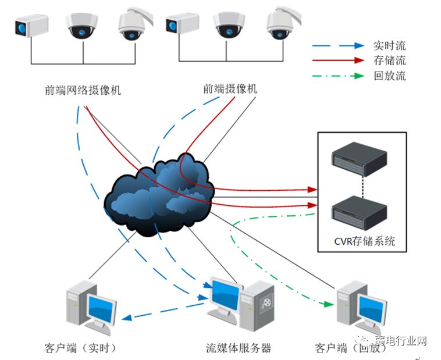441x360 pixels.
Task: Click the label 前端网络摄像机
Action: (x=83, y=91)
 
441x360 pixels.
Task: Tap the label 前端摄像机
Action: (x=230, y=89)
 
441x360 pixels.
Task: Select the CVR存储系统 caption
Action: (x=361, y=240)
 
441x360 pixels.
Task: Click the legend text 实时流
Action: (x=389, y=45)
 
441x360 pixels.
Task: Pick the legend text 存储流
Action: (x=389, y=60)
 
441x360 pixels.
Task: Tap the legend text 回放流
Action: (x=389, y=76)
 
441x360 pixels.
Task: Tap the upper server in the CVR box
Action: (x=359, y=158)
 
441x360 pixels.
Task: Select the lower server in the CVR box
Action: (x=359, y=209)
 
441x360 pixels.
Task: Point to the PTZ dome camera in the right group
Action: (x=282, y=24)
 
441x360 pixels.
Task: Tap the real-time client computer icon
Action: (x=90, y=305)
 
